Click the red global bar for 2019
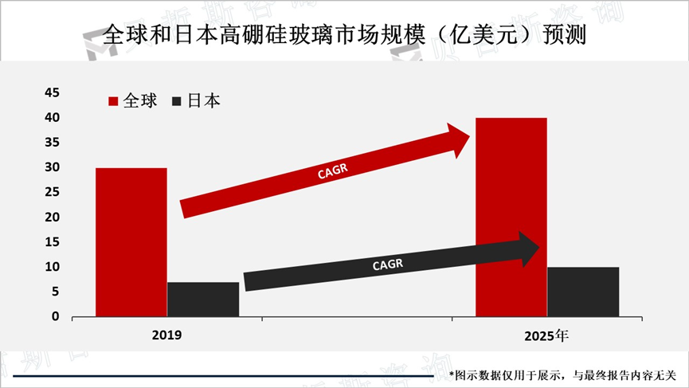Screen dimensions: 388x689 click(x=131, y=242)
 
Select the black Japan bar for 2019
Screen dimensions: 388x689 click(x=203, y=299)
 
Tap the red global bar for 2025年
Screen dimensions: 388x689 click(x=511, y=217)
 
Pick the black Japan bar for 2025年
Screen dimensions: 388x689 click(x=582, y=292)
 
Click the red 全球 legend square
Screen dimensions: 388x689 click(x=113, y=101)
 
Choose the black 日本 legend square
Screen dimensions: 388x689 click(x=177, y=101)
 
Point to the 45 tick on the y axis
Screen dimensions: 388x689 click(x=51, y=92)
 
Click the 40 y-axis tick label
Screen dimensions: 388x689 click(x=51, y=118)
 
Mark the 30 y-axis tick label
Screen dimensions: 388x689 click(x=51, y=167)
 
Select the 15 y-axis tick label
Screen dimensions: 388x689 click(x=51, y=241)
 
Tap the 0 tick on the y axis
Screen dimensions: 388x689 click(x=55, y=316)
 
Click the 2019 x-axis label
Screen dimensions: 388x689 click(x=167, y=335)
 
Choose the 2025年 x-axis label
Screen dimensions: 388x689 click(x=546, y=335)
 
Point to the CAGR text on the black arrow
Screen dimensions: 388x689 click(x=388, y=265)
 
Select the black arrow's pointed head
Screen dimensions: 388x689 click(x=530, y=249)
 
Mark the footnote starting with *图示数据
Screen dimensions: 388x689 click(x=562, y=374)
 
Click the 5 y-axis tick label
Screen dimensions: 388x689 click(x=55, y=292)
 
